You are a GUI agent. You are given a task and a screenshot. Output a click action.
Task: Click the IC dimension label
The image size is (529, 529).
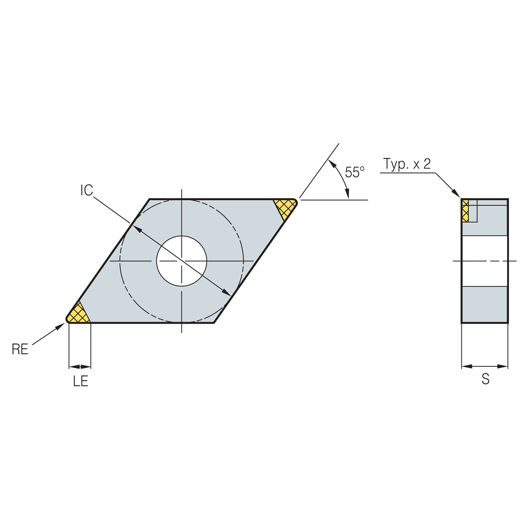tap(87, 191)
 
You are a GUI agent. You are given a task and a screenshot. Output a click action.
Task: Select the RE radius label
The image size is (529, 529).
tap(20, 350)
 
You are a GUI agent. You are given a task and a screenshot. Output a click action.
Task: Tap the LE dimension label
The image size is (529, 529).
tap(81, 381)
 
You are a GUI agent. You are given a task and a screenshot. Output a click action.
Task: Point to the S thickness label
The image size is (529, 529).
tap(485, 379)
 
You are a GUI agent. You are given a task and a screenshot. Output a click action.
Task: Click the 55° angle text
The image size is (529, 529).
tap(355, 172)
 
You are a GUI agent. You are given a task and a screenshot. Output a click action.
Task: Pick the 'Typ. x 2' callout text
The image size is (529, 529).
tap(407, 164)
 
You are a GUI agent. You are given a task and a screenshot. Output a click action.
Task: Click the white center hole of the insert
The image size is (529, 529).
tap(181, 261)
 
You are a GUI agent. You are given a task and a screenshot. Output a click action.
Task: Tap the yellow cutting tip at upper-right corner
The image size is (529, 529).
tap(285, 207)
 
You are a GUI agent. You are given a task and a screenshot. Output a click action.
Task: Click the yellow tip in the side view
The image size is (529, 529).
tap(465, 211)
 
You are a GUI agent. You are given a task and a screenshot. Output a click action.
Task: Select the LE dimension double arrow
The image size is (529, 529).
tap(80, 367)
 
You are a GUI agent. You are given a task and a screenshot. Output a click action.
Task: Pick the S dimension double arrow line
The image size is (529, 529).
tap(484, 366)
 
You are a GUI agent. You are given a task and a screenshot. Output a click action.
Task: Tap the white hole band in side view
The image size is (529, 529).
tap(484, 261)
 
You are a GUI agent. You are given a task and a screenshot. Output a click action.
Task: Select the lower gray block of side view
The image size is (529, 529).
tap(484, 305)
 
